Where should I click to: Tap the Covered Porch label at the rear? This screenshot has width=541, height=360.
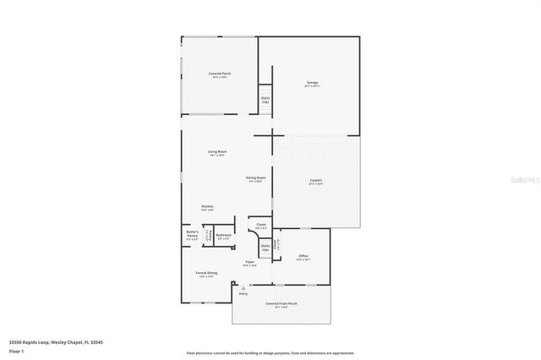(221, 75)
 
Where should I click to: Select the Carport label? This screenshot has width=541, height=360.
(315, 182)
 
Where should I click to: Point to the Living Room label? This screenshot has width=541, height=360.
(216, 153)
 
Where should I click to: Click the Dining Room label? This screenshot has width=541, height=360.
(256, 178)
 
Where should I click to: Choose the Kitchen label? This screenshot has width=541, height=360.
(207, 208)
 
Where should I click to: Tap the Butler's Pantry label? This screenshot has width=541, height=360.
(193, 235)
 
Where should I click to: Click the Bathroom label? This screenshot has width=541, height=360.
(224, 237)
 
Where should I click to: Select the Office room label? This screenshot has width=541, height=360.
(303, 257)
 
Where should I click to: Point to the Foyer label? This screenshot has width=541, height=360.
(250, 264)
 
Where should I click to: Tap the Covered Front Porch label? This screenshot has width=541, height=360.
(281, 304)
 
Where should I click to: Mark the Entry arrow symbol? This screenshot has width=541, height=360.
(243, 287)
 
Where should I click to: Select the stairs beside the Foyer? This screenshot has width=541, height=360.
(265, 248)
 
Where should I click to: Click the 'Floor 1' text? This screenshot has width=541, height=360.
(16, 350)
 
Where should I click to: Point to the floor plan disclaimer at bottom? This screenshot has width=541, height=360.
(270, 352)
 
